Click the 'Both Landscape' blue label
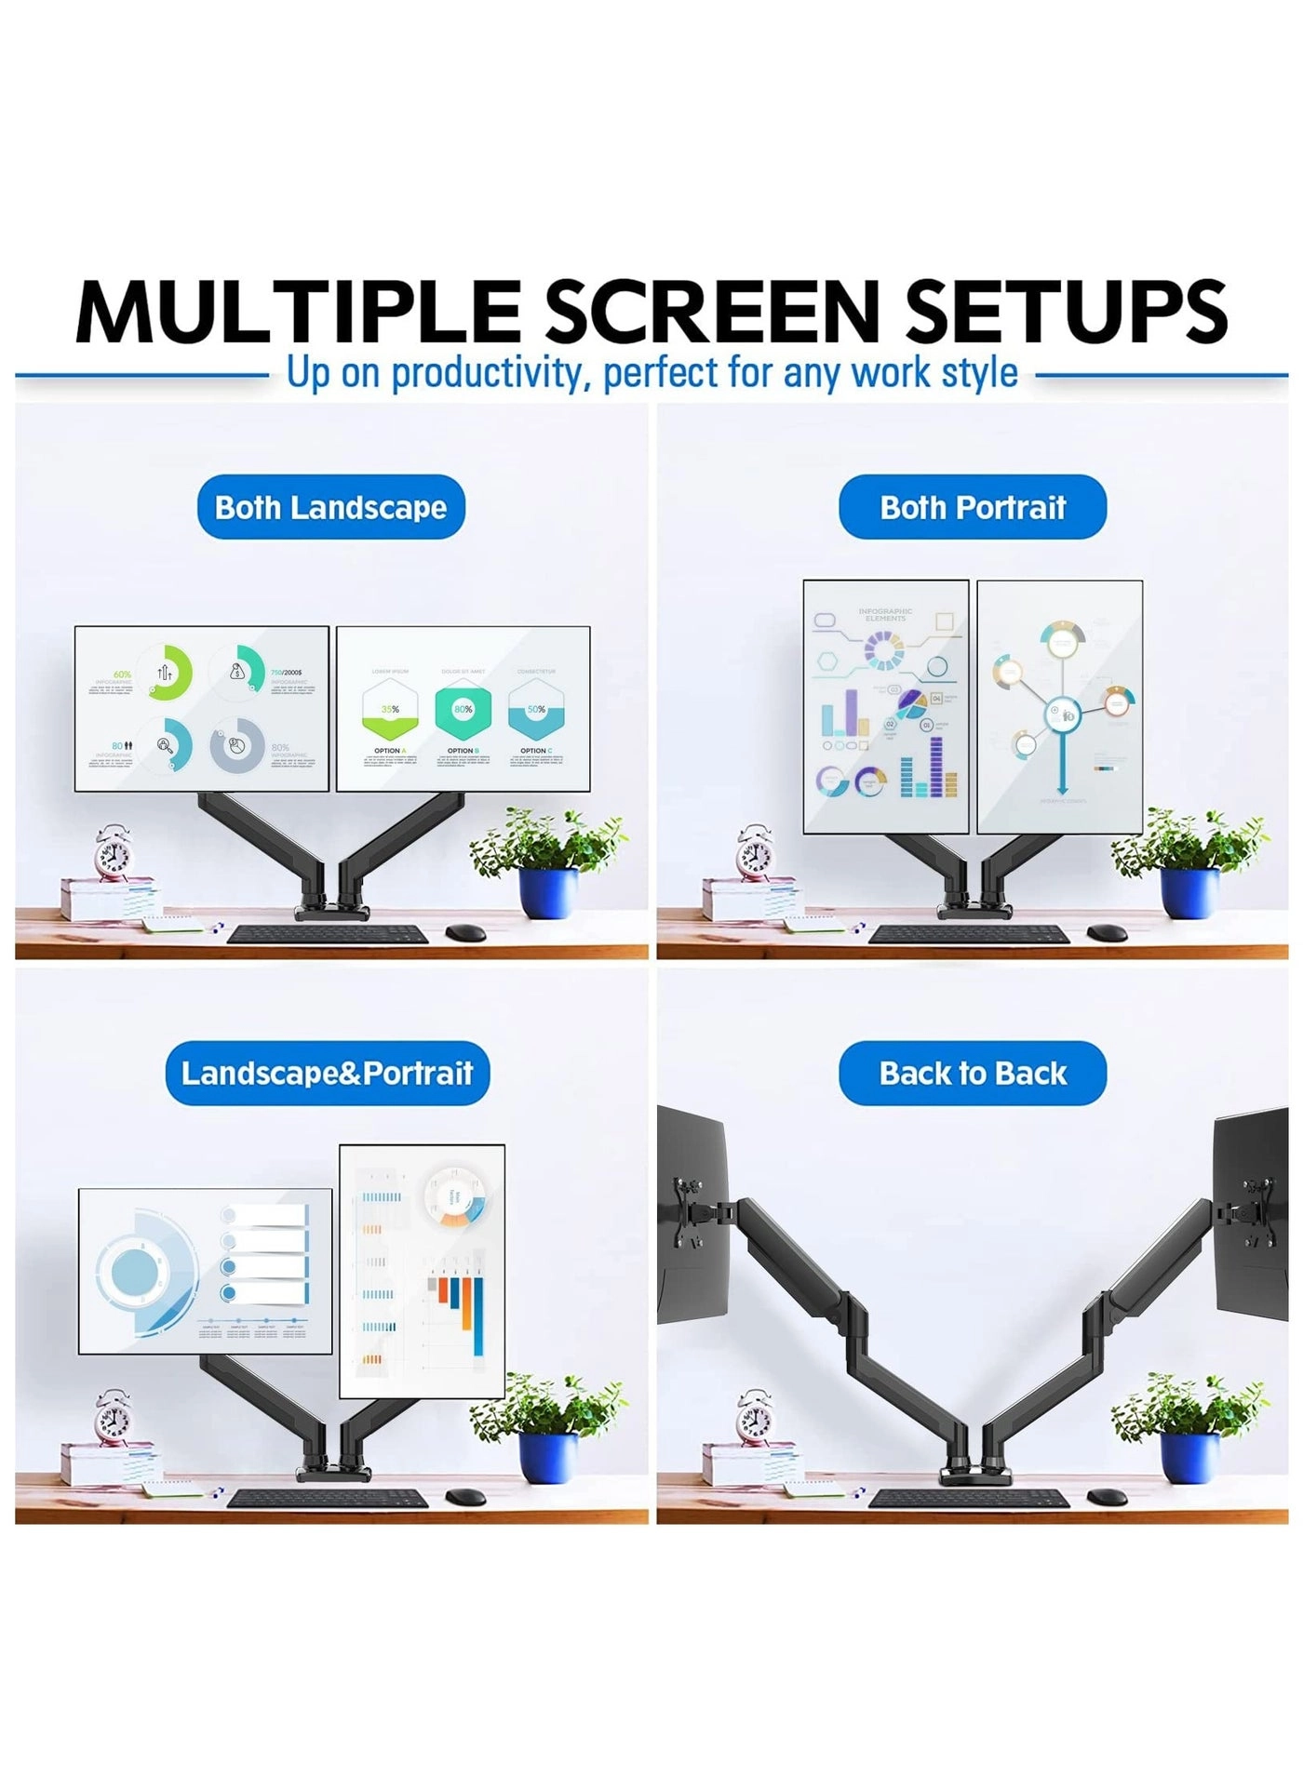330,507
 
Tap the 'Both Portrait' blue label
973,507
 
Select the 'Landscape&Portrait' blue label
327,1073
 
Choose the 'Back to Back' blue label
973,1073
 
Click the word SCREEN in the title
711,312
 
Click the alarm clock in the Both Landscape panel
113,852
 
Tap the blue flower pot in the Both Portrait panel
1189,892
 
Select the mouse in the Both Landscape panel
465,932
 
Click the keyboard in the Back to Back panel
968,1498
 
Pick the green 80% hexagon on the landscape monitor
463,710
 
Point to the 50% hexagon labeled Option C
536,710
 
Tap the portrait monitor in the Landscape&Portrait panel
422,1270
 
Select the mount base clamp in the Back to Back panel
974,1475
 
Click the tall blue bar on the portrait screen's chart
478,1316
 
